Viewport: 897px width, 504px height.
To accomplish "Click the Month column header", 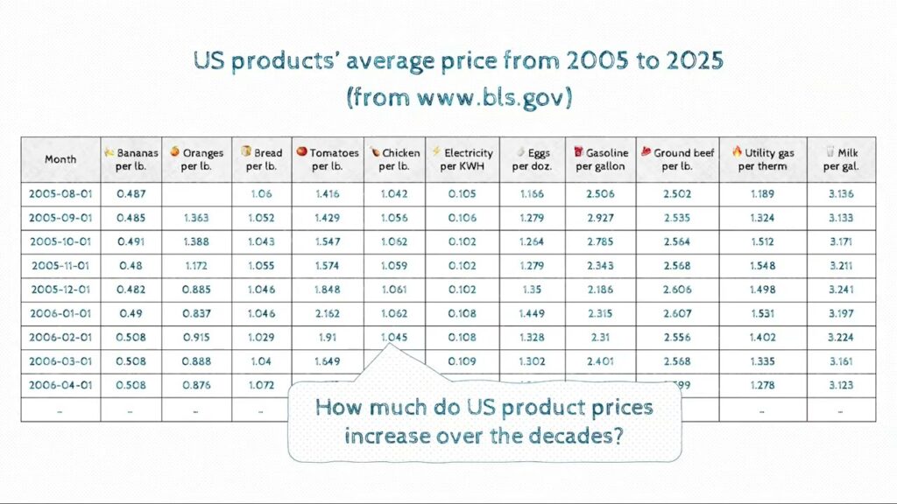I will (60, 159).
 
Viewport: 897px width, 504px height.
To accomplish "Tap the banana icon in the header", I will (109, 152).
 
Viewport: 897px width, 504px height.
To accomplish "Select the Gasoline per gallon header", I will (601, 159).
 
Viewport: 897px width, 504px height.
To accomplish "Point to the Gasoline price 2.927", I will (601, 217).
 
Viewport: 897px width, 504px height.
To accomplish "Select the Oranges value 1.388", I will (197, 241).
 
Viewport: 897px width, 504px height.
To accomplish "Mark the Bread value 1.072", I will (261, 385).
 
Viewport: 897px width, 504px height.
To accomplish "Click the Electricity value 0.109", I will (462, 360).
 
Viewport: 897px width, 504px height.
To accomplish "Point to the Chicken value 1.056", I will (394, 217).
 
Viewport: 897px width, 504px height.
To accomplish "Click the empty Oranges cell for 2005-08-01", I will (197, 193).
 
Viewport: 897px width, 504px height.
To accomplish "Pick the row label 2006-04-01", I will (60, 385).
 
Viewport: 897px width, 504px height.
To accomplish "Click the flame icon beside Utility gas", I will (737, 152).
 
